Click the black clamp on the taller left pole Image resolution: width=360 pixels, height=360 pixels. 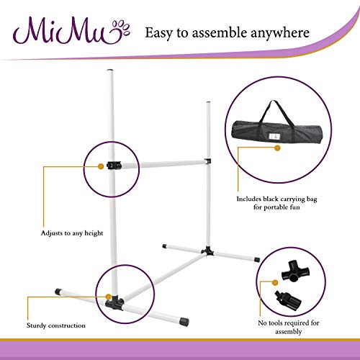coord(112,165)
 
